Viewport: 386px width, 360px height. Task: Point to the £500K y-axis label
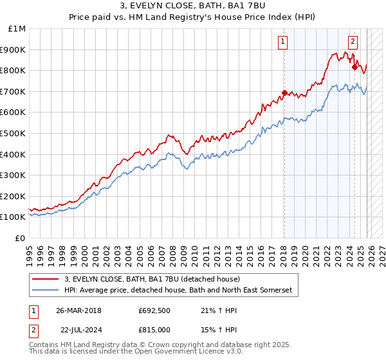(x=14, y=134)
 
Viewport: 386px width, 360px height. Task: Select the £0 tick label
(x=20, y=238)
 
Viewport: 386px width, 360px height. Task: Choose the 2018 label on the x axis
(x=283, y=252)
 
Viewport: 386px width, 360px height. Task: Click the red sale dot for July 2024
(x=354, y=67)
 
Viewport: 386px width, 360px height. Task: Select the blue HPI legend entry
(x=178, y=291)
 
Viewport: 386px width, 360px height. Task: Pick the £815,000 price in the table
(x=154, y=329)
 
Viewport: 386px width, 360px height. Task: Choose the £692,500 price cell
(x=154, y=310)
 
